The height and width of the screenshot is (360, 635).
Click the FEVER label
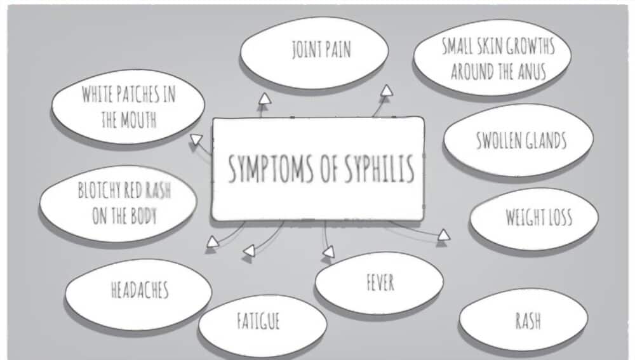point(380,283)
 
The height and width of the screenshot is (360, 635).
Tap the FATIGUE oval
point(258,321)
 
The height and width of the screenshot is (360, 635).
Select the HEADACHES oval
point(140,291)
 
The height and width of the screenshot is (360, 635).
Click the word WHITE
point(97,95)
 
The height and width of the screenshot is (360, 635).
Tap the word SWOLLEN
point(498,140)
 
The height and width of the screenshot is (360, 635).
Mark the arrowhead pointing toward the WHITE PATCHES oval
point(197,139)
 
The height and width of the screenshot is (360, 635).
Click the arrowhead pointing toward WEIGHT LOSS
point(444,236)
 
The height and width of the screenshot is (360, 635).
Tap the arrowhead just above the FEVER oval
point(328,252)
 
